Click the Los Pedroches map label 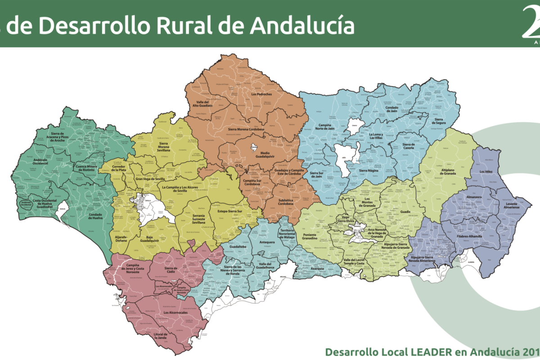pos(261,94)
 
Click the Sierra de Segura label pos(440,121)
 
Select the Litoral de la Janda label pos(160,336)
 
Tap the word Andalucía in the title pos(302,26)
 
